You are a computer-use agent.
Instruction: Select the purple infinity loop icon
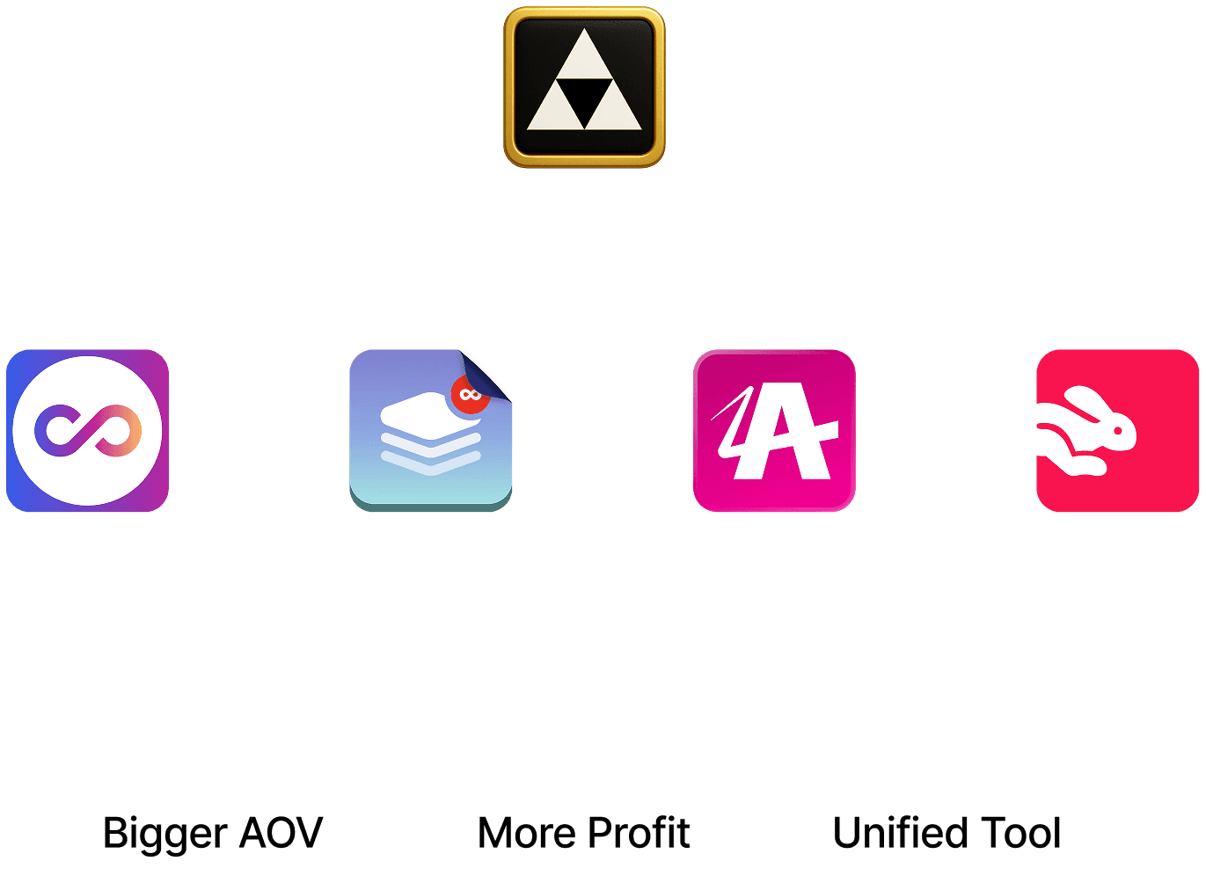[x=88, y=431]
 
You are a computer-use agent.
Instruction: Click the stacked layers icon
[x=430, y=431]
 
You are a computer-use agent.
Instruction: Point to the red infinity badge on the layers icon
[x=470, y=394]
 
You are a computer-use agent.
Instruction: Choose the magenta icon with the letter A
[x=774, y=431]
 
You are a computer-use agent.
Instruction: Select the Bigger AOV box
[x=213, y=833]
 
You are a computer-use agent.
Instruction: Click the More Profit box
[x=584, y=833]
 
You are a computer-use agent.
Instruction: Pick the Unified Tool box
[x=947, y=833]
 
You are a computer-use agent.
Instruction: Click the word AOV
[x=281, y=833]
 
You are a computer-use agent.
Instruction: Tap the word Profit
[x=639, y=833]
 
